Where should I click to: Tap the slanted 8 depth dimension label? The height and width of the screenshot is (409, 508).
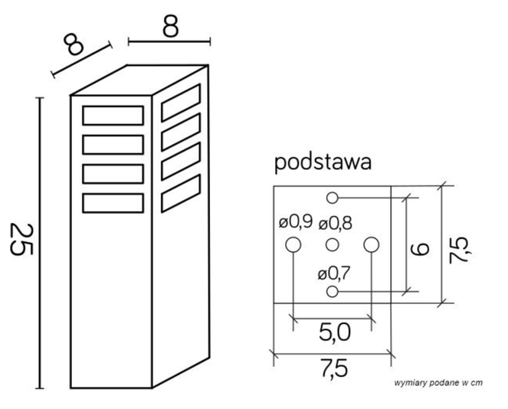(74, 45)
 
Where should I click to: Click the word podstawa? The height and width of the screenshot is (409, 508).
(323, 162)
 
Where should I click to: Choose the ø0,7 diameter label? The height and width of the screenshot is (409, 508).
(333, 273)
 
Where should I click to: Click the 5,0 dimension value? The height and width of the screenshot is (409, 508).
(333, 332)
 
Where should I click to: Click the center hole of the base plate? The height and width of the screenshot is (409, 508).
(332, 245)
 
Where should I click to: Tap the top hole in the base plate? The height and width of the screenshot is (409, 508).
(332, 198)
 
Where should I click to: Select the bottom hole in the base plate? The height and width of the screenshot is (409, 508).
(332, 292)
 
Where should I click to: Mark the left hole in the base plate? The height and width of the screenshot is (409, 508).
(292, 245)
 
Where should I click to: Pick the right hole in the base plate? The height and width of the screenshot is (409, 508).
(372, 245)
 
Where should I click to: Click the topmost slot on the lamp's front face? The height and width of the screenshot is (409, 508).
(113, 115)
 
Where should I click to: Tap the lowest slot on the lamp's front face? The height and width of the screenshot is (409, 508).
(113, 202)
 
